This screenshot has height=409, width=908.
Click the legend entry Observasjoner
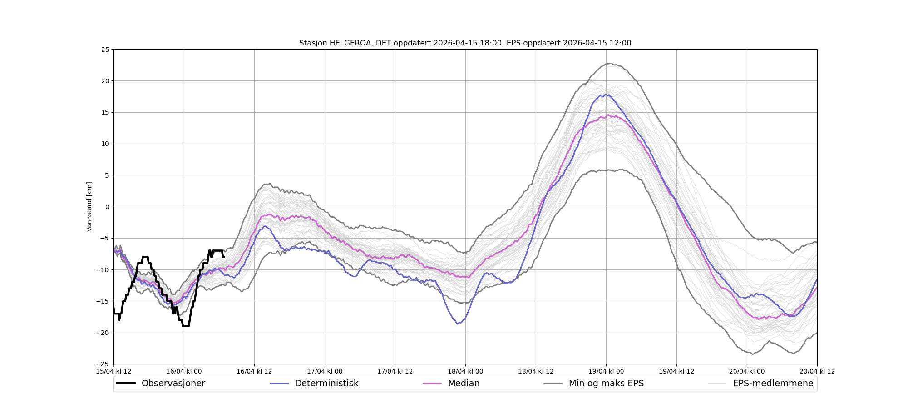[x=173, y=384]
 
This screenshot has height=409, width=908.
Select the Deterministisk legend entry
[x=326, y=384]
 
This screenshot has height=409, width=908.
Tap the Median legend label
[x=464, y=384]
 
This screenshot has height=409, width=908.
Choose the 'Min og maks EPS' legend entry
[x=606, y=384]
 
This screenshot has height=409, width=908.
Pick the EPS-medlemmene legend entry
[x=773, y=384]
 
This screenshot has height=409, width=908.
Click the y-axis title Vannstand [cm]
[x=89, y=207]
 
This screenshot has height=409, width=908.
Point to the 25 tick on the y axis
[x=105, y=50]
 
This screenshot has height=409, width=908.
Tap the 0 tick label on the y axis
[x=107, y=207]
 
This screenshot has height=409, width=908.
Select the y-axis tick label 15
[x=105, y=112]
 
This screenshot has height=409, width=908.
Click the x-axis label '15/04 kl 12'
[x=113, y=371]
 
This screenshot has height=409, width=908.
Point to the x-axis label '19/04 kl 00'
[x=606, y=371]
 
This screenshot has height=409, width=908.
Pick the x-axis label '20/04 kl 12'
[x=817, y=371]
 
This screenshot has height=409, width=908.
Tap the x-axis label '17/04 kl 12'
[x=395, y=371]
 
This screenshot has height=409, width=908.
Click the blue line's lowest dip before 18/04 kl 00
[x=458, y=323]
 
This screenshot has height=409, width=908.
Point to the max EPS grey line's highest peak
[x=611, y=64]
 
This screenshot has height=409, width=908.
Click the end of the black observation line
[x=224, y=257]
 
